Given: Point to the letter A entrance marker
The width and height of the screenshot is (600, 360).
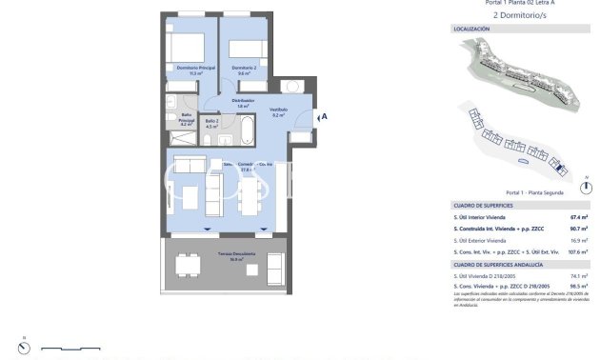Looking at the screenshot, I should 325,116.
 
